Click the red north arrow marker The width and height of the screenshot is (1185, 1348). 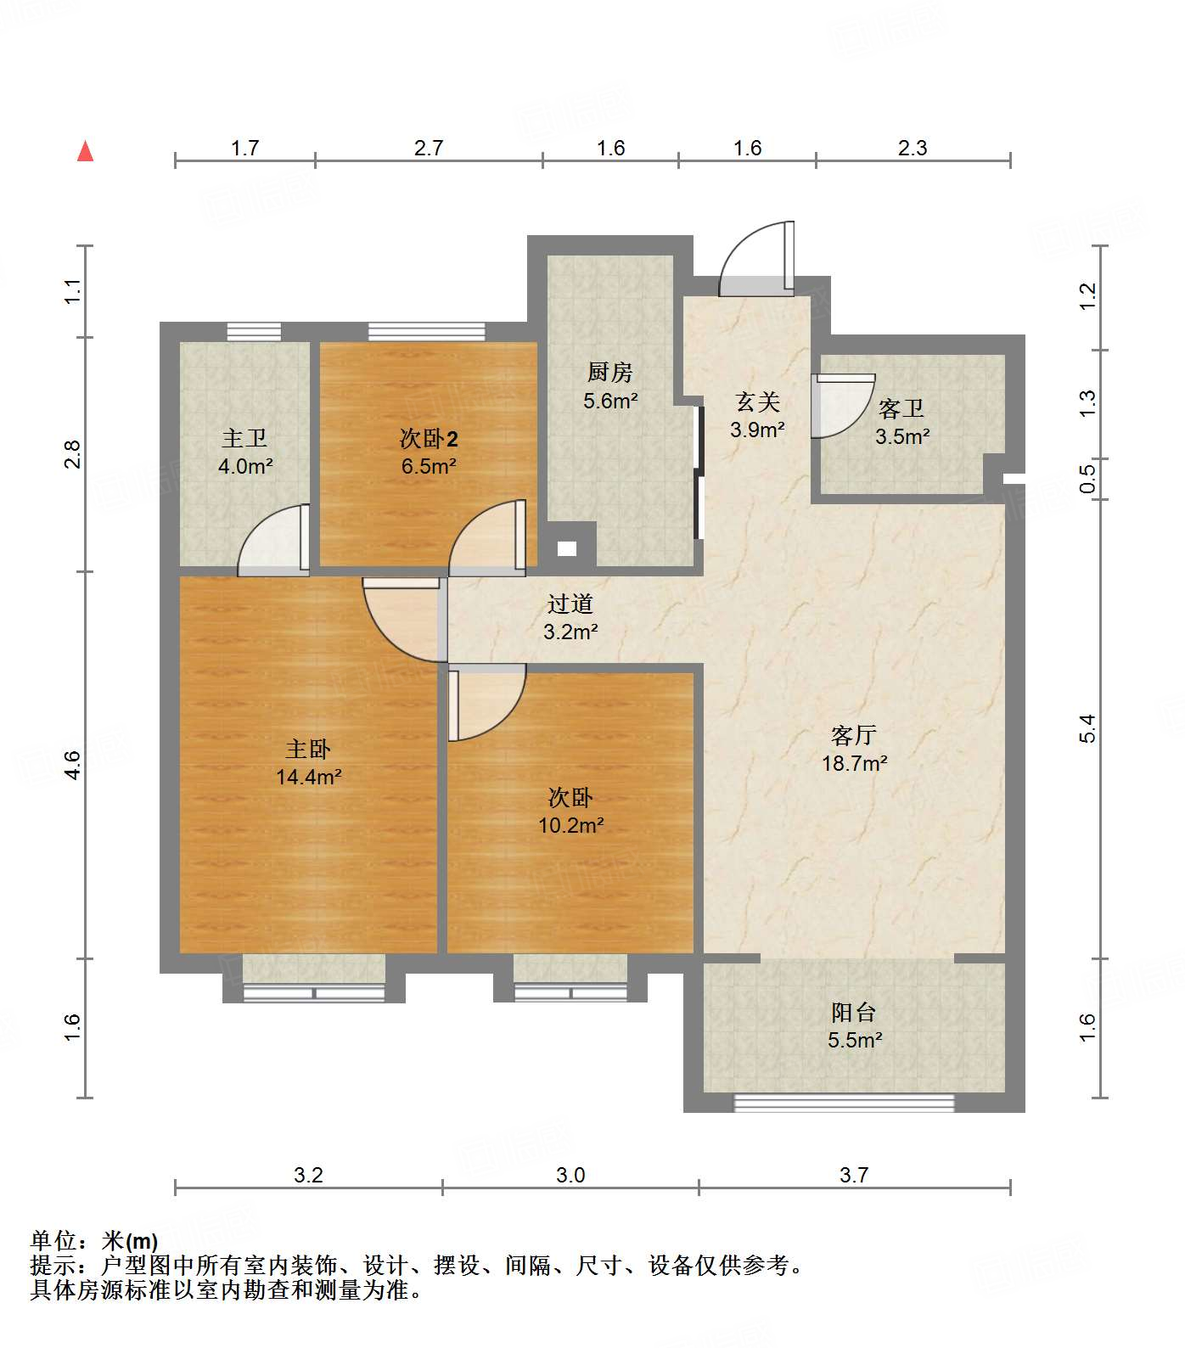(85, 151)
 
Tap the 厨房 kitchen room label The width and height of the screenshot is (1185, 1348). (609, 372)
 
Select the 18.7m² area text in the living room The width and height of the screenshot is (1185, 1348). (854, 763)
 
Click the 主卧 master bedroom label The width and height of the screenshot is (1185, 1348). (307, 749)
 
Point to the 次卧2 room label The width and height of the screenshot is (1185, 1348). (429, 439)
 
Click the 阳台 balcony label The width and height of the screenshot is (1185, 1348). (853, 1012)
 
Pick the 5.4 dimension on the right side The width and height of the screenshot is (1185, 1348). (1087, 728)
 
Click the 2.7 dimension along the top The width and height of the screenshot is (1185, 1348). (429, 148)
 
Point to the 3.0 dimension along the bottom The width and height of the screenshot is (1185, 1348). (570, 1175)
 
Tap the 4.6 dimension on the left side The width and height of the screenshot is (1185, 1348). (73, 765)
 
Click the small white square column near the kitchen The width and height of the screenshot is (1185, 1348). (567, 548)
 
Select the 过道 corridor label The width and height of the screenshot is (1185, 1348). (570, 604)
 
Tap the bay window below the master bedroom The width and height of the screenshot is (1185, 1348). (313, 991)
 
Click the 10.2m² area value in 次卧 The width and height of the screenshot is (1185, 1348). (570, 824)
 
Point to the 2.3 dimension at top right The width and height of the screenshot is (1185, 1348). (913, 148)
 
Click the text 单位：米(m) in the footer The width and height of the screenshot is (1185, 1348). (94, 1241)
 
